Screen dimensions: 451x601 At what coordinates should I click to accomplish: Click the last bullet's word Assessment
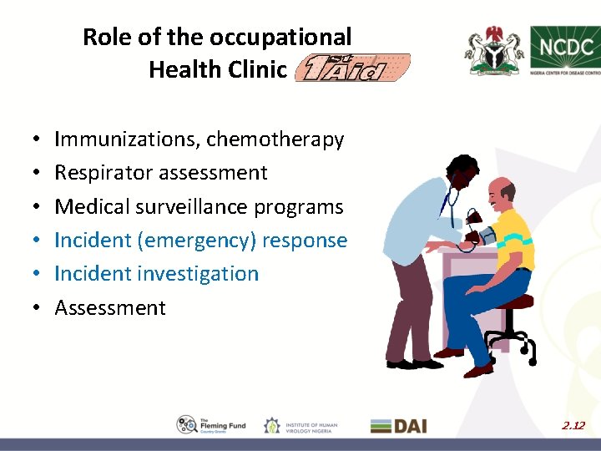[110, 307]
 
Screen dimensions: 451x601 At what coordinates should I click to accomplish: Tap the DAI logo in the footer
[398, 425]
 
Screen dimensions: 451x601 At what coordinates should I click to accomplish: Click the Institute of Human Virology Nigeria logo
[300, 425]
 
